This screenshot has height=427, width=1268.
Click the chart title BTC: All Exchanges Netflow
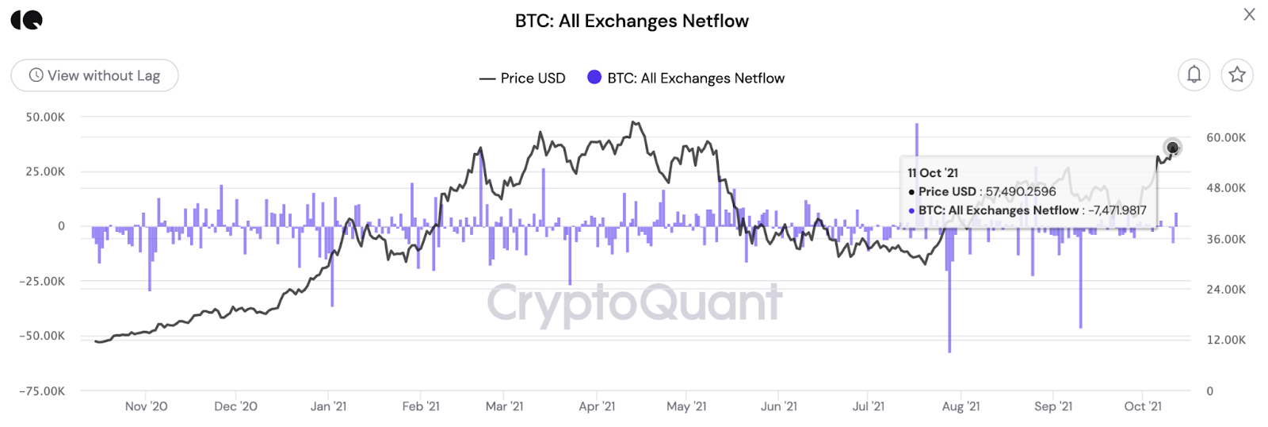coord(632,21)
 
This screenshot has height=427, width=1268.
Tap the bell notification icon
coord(1194,75)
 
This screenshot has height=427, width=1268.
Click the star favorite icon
coord(1236,75)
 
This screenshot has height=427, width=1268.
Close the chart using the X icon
coord(1249,14)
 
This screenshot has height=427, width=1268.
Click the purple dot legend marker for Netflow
coord(594,77)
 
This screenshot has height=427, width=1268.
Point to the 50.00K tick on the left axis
coord(45,117)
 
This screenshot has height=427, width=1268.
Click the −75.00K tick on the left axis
coord(43,390)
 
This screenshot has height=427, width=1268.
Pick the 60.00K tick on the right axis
coord(1225,137)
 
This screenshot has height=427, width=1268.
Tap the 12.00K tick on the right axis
coord(1225,340)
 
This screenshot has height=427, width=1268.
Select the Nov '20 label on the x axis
coord(146,406)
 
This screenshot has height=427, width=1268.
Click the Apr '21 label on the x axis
coord(597,406)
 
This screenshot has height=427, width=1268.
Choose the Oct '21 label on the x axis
coord(1143,406)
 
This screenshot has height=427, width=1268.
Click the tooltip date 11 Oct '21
coord(933,173)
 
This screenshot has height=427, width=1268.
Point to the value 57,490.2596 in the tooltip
coord(1021,191)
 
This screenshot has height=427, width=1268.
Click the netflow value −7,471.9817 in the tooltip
coord(1117,210)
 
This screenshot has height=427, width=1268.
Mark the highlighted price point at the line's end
coord(1172,148)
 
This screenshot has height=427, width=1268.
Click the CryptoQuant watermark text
coord(634,302)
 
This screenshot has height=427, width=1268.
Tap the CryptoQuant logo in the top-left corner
coord(27,21)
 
